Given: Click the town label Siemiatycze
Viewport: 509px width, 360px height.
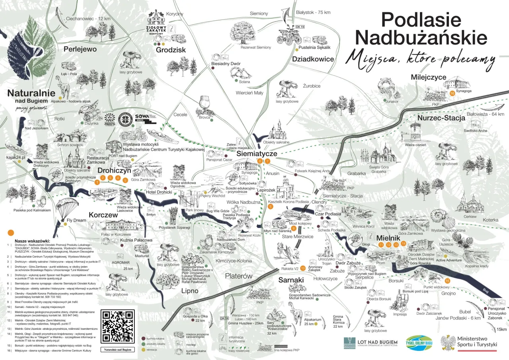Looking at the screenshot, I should pyautogui.click(x=256, y=153).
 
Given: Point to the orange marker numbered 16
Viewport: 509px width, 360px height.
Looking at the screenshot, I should pyautogui.click(x=452, y=93).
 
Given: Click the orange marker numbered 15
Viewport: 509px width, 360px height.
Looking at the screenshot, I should pyautogui.click(x=447, y=281).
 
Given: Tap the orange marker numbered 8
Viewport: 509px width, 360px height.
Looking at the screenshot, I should pyautogui.click(x=270, y=206).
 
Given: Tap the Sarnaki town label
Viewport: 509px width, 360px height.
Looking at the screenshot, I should pyautogui.click(x=291, y=280).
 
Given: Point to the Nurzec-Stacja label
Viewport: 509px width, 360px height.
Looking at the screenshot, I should pyautogui.click(x=441, y=118).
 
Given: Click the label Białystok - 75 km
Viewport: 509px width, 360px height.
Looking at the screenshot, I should pyautogui.click(x=313, y=12).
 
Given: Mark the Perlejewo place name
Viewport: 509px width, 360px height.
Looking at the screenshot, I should pyautogui.click(x=80, y=49).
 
